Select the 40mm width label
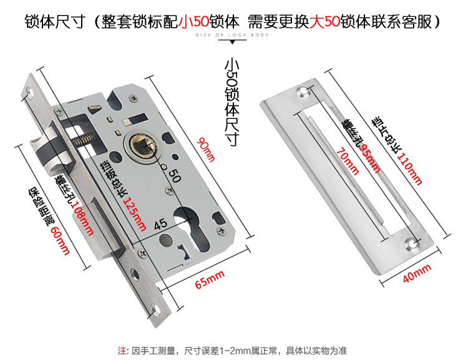[417, 273]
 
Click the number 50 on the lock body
[175, 176]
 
